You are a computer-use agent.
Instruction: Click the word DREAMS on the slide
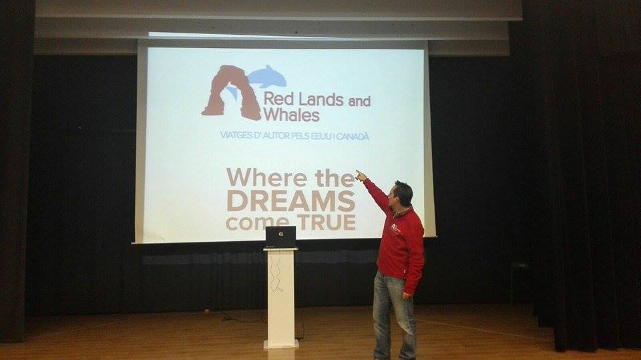[x=290, y=201]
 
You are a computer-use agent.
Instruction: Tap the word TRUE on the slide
[x=327, y=222]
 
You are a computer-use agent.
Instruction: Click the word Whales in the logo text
[x=291, y=115]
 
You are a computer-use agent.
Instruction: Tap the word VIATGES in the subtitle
[x=236, y=135]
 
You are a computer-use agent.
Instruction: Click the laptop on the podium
[x=280, y=237]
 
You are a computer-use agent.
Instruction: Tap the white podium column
[x=280, y=298]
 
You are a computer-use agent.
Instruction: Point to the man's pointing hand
[x=361, y=176]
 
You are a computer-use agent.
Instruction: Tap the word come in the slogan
[x=259, y=223]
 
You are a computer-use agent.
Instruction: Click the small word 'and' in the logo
[x=359, y=101]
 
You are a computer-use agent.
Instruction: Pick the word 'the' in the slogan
[x=335, y=178]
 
